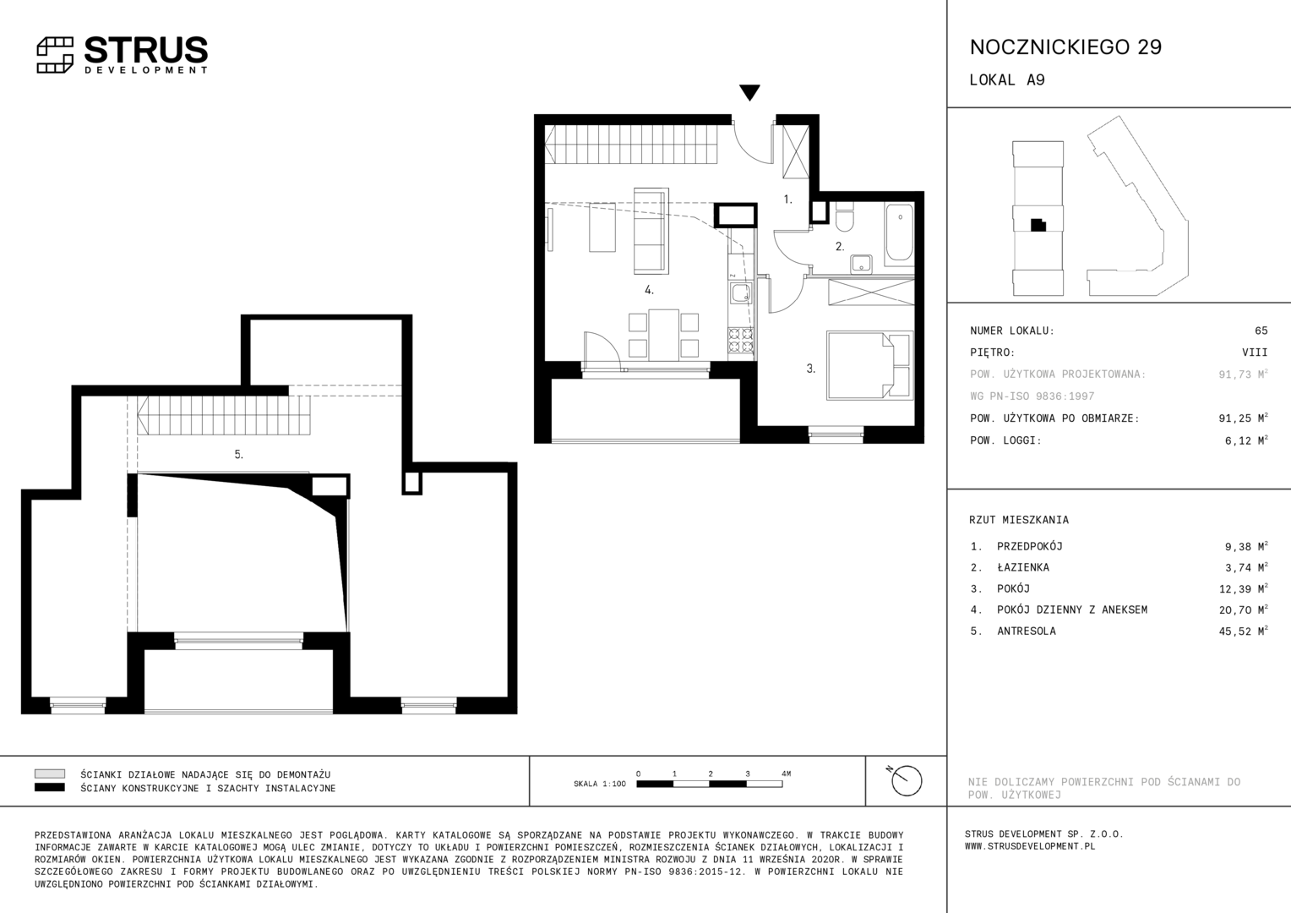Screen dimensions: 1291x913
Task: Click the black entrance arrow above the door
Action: click(x=749, y=92)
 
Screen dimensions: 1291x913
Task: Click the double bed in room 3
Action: click(x=869, y=365)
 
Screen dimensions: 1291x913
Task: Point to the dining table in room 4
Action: click(x=663, y=335)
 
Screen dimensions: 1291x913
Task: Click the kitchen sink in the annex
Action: click(x=741, y=293)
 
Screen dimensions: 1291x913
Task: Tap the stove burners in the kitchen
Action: click(x=741, y=340)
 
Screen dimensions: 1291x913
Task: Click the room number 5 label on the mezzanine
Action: click(x=238, y=455)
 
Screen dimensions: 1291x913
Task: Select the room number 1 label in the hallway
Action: click(x=787, y=200)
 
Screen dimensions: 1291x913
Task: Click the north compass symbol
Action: click(x=906, y=780)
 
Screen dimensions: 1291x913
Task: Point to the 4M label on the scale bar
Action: click(x=786, y=774)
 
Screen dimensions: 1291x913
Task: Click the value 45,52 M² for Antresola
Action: click(x=1243, y=631)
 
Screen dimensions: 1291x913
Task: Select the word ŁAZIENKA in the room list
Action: click(x=1023, y=567)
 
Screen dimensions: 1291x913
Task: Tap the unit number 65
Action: click(x=1261, y=331)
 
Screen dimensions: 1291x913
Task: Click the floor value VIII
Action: click(x=1255, y=353)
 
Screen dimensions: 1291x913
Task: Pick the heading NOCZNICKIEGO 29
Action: click(x=1065, y=47)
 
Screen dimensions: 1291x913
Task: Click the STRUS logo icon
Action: click(x=55, y=55)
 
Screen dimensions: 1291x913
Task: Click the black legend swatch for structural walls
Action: click(x=50, y=787)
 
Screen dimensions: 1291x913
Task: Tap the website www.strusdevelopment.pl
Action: click(x=1030, y=846)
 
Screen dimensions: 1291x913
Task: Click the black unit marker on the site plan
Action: click(x=1038, y=225)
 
